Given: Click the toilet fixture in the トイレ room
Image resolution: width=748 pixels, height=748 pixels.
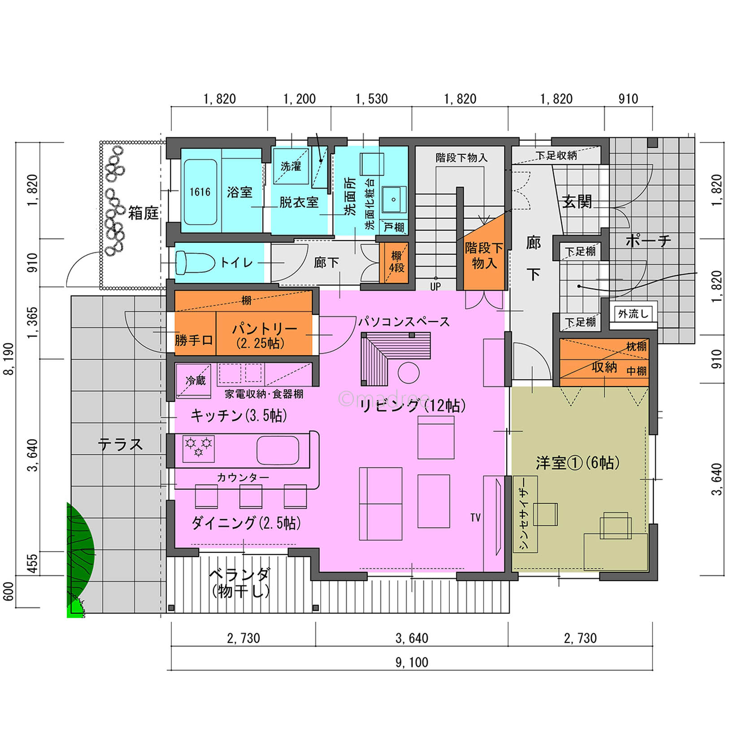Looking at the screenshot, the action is click(x=195, y=262).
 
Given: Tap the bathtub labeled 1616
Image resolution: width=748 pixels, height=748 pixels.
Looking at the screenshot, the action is click(x=200, y=192).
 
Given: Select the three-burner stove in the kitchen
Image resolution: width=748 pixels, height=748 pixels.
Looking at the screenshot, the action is click(x=198, y=448).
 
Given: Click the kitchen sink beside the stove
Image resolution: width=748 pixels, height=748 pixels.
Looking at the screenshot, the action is click(x=278, y=450).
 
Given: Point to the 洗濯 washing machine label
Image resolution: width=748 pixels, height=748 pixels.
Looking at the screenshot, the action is click(x=291, y=166).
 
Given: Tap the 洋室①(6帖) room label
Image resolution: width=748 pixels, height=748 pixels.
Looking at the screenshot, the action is click(x=578, y=462).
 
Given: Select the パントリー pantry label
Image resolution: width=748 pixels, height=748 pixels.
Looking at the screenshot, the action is click(x=265, y=329).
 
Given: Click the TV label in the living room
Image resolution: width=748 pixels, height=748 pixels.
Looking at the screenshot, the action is click(x=475, y=518).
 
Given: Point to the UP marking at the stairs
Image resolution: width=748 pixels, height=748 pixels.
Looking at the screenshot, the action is click(x=435, y=286).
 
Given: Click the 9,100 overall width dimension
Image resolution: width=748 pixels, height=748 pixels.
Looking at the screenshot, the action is click(x=412, y=662).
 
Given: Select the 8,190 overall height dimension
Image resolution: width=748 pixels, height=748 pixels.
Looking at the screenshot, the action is click(x=9, y=358).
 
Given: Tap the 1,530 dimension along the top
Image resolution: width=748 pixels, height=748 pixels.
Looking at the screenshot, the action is click(x=371, y=99).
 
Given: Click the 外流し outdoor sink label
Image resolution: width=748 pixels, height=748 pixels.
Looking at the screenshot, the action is click(x=633, y=313).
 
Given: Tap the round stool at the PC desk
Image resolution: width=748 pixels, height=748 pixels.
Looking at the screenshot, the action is click(x=409, y=372).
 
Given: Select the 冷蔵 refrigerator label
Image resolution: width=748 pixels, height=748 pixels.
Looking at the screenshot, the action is click(x=196, y=380).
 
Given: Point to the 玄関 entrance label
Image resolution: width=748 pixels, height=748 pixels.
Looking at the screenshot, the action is click(x=577, y=202).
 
